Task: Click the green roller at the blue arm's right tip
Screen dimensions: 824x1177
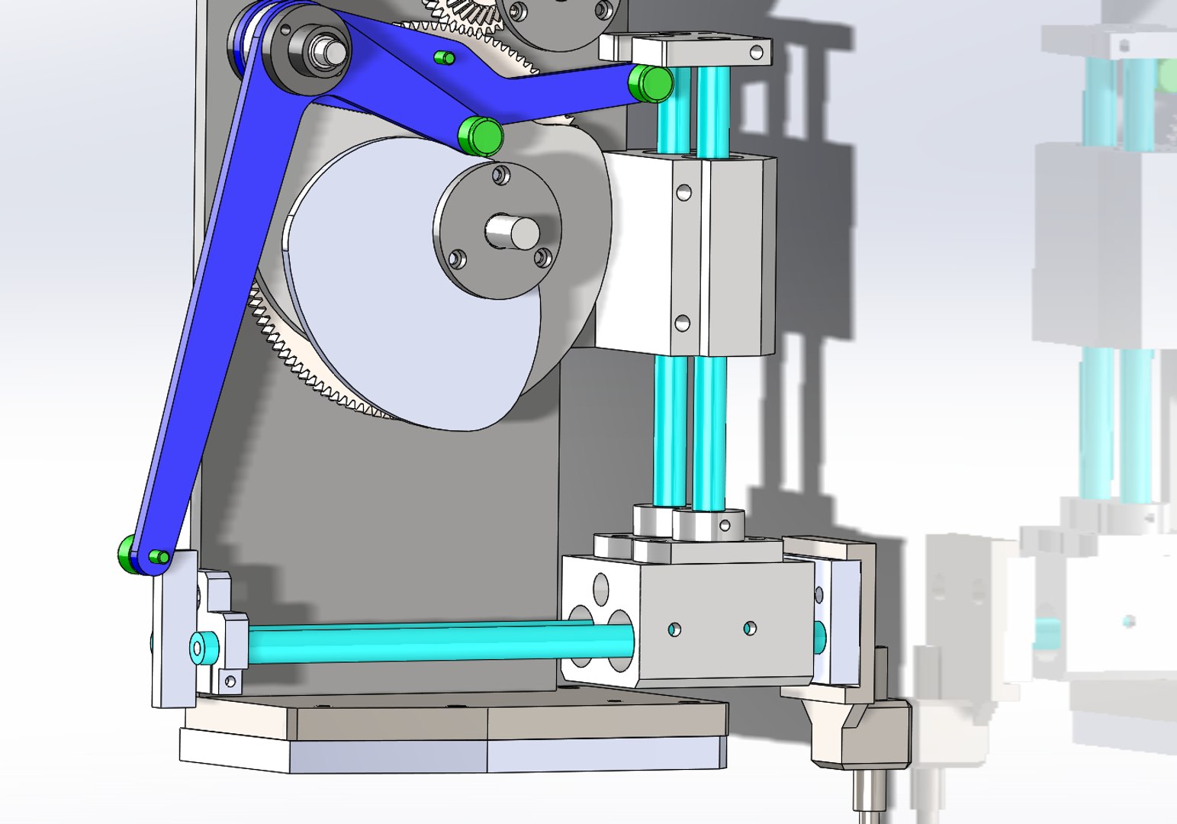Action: click(650, 83)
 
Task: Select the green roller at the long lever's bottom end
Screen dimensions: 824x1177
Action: click(127, 550)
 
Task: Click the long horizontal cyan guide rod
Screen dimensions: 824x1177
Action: click(427, 641)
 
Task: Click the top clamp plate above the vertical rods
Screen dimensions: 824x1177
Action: click(687, 50)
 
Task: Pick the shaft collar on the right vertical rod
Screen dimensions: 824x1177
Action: click(709, 523)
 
